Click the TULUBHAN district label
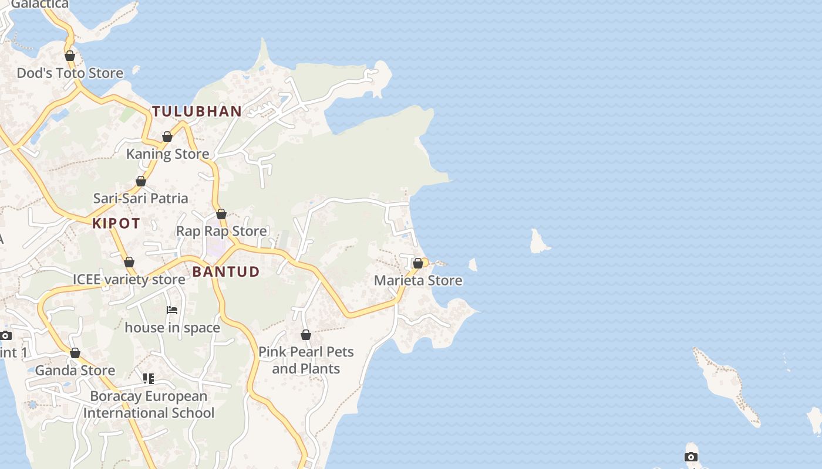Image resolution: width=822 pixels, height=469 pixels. coord(197,111)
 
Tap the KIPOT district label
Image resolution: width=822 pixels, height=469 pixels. coord(116,223)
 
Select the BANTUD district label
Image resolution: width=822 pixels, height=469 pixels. coord(226,271)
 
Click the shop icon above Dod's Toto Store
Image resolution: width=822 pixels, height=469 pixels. coord(70,56)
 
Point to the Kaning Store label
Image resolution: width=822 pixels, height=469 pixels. coord(168,154)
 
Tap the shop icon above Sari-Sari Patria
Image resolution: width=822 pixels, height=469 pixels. coord(141,181)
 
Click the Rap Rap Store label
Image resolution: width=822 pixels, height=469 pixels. coord(221,231)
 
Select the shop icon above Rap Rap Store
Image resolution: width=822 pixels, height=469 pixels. coord(221,214)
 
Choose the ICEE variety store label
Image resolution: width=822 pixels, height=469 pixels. coord(129,279)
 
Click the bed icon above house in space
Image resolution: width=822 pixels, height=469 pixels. coord(172,310)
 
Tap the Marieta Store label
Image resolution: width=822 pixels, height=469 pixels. coord(418,280)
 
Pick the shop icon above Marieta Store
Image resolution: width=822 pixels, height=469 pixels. coord(418,263)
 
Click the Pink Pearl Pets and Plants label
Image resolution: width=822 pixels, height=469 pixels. coord(306,360)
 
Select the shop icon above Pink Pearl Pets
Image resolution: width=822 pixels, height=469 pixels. coord(306,335)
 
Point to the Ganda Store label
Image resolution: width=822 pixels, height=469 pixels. coord(75,371)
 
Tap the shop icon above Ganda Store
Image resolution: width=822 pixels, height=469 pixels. coord(75,353)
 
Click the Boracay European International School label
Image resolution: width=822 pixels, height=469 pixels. coord(149,405)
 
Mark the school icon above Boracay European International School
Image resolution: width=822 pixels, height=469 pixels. coord(149,379)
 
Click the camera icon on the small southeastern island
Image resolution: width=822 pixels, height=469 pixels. coord(691,457)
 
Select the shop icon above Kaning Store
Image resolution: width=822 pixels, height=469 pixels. coord(167,137)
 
